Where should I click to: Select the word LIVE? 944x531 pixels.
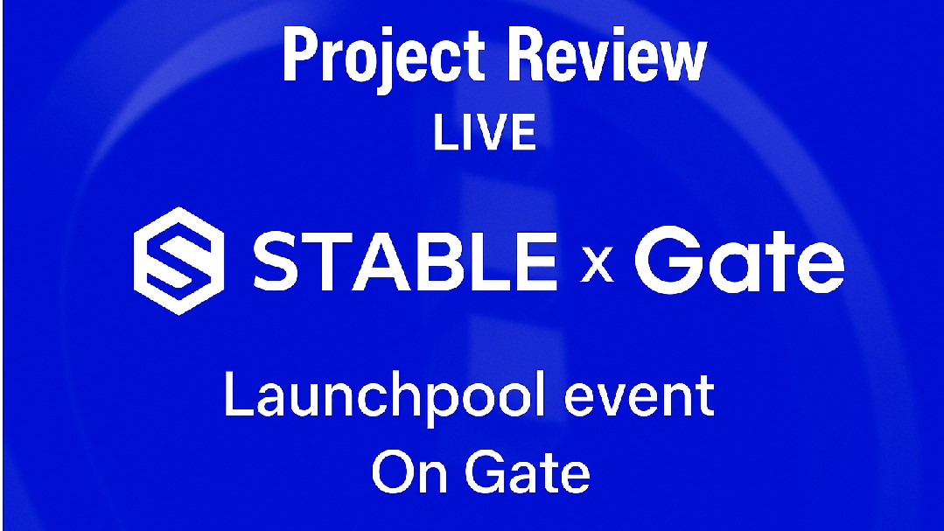[x=484, y=132]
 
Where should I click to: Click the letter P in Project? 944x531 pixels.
[x=298, y=55]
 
